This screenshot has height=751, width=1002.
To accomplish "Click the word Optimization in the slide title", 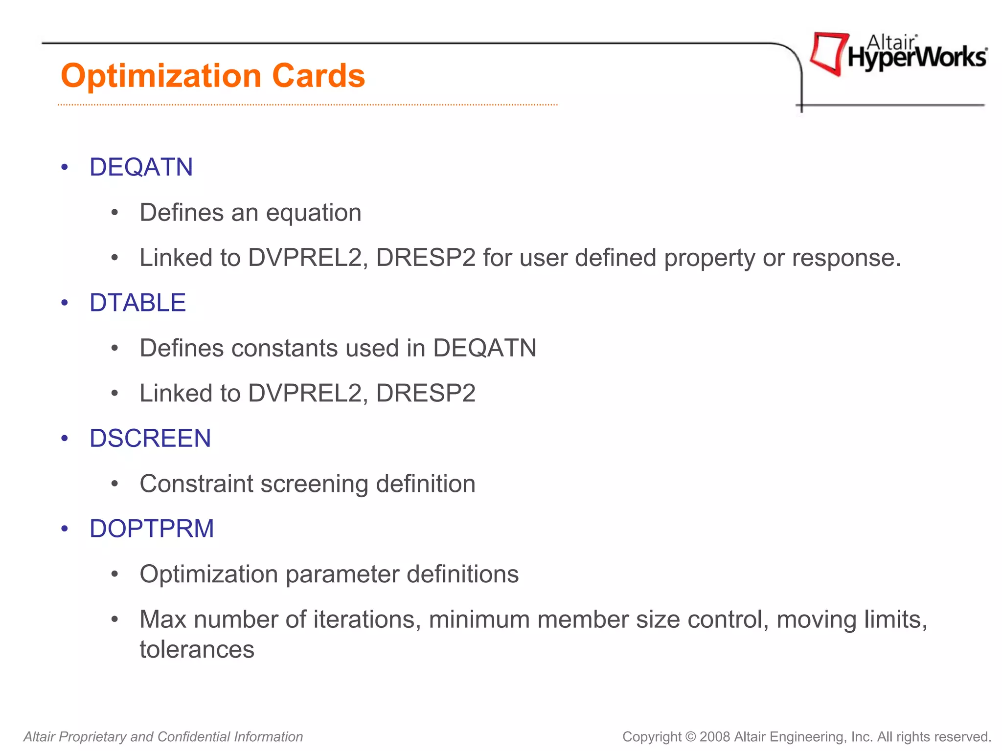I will [x=161, y=76].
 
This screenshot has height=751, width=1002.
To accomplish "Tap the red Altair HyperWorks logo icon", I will [x=828, y=53].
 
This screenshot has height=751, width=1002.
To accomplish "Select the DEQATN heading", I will [x=141, y=167].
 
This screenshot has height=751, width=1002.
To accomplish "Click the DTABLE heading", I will [x=137, y=303].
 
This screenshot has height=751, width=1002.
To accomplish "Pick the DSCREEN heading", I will [x=150, y=438].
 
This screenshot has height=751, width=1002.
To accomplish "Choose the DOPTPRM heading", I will [x=152, y=529].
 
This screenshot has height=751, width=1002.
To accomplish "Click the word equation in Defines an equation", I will [x=314, y=213].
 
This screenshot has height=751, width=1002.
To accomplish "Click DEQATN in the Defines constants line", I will [x=484, y=348].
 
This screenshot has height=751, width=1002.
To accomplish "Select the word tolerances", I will [x=197, y=649].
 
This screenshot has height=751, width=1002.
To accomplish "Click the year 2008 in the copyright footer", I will [x=715, y=737].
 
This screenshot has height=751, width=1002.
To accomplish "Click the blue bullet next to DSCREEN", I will [x=65, y=439].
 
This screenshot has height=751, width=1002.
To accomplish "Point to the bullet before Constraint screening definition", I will [x=114, y=484].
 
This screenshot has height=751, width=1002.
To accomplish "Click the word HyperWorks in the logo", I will [x=917, y=58].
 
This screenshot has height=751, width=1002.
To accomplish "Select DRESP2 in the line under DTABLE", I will [x=426, y=393].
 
